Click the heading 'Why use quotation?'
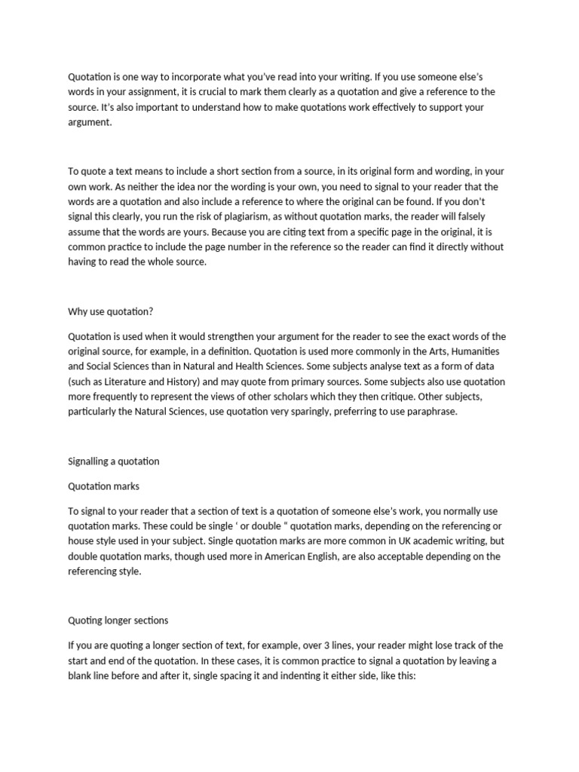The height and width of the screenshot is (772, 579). (111, 311)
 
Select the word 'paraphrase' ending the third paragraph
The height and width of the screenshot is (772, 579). (430, 412)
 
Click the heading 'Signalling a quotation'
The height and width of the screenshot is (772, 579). (114, 461)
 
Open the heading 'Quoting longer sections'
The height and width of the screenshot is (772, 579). (118, 620)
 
